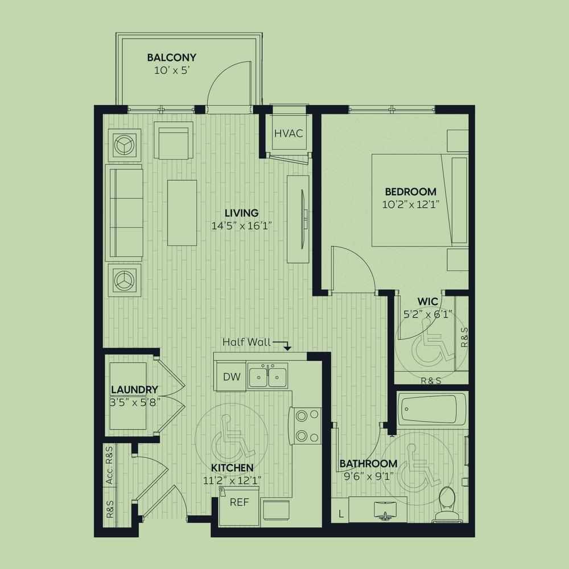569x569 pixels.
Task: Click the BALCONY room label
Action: [172, 57]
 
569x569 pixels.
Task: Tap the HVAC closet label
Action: [288, 134]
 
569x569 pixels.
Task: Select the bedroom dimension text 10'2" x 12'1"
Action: [411, 205]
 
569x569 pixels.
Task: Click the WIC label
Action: [427, 302]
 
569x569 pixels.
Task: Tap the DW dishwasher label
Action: [232, 377]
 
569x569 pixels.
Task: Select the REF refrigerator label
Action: [240, 502]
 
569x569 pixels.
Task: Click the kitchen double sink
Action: [268, 377]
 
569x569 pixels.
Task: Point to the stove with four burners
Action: [305, 426]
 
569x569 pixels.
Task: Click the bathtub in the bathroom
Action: [431, 409]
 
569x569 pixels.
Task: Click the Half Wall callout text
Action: [246, 342]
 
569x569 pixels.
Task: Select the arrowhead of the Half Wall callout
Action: [287, 348]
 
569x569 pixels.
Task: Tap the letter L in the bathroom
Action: [340, 513]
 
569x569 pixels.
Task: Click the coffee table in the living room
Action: [182, 212]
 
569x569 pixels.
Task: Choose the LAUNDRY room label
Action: [134, 390]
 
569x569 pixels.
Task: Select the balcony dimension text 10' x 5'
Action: [172, 71]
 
